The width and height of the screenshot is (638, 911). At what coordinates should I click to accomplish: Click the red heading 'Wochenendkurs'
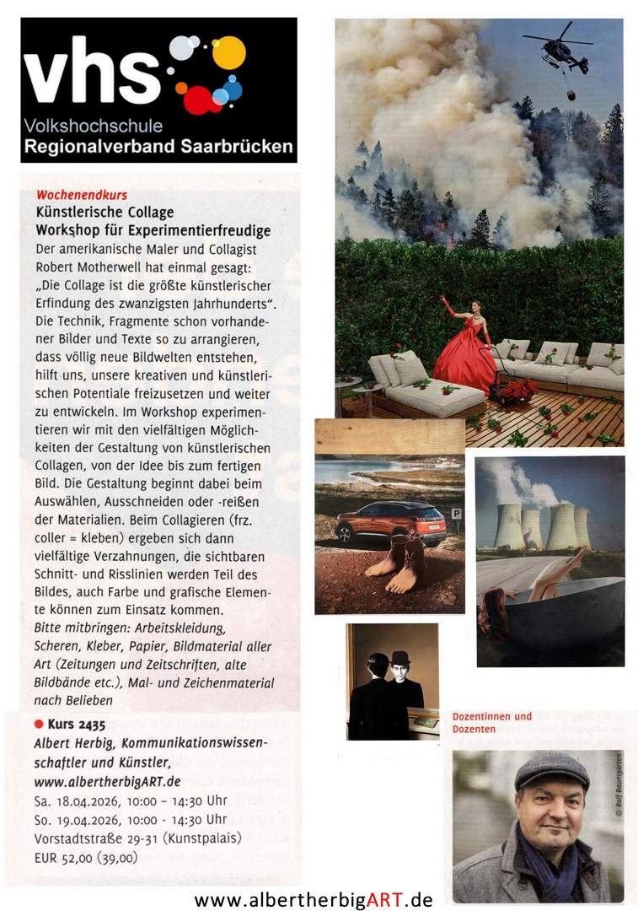(x=81, y=195)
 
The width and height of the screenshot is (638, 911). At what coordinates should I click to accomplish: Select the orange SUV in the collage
(x=390, y=521)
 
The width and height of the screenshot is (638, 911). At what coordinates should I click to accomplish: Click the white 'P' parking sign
(x=456, y=513)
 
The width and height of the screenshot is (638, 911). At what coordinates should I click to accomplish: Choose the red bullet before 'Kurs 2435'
(x=39, y=724)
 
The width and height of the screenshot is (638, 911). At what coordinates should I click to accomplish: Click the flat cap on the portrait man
(x=552, y=770)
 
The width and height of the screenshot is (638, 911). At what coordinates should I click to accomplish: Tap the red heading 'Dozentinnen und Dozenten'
(x=492, y=722)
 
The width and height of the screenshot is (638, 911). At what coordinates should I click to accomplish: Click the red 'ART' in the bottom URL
(x=383, y=899)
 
